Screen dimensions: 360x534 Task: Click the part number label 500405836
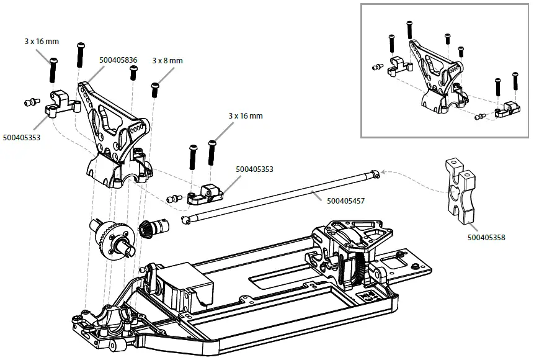click(x=118, y=61)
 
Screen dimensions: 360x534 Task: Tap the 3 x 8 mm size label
click(x=167, y=61)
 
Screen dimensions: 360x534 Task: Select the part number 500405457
click(x=345, y=200)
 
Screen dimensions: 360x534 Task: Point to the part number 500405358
click(x=486, y=236)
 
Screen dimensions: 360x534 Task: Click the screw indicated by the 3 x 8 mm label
click(x=154, y=90)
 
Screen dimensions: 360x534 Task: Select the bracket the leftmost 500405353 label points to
click(x=62, y=102)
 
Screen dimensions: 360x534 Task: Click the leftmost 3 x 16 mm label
click(x=42, y=42)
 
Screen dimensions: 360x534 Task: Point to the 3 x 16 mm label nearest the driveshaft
click(x=245, y=116)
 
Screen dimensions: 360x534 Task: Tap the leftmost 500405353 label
click(x=21, y=137)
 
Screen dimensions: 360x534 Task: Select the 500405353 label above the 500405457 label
click(x=254, y=169)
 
